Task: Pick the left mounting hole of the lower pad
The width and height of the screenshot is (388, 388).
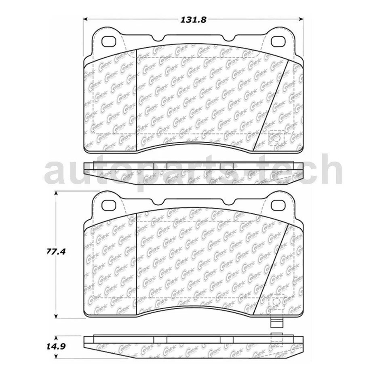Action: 109,205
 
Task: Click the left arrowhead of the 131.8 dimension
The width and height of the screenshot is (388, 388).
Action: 86,19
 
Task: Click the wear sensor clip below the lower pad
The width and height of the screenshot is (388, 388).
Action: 276,323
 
